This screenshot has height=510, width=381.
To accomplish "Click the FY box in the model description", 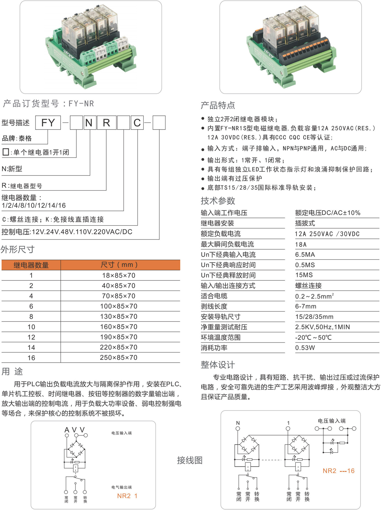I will tap(48, 123).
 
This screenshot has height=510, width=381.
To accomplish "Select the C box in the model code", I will tap(137, 123).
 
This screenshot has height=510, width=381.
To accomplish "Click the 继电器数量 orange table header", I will tap(31, 265).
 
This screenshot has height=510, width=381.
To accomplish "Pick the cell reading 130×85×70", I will tap(119, 316).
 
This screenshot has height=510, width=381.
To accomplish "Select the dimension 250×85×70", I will tap(119, 358).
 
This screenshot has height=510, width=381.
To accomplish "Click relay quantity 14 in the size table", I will tap(31, 347).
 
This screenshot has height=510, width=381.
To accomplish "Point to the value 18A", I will tap(301, 244).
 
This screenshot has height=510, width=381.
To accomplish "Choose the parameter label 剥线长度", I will tap(214, 306).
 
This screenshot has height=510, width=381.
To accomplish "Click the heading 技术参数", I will tap(218, 201).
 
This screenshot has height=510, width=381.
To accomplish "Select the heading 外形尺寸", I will tap(18, 250).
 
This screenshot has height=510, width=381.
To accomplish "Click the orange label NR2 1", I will tap(127, 496).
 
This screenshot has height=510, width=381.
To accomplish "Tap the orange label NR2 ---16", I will tap(339, 471).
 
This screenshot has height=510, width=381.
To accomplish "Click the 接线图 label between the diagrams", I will tap(190, 460).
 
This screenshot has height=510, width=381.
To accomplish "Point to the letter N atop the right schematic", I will tap(238, 423).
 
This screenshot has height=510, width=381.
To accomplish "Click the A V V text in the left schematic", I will tap(74, 430).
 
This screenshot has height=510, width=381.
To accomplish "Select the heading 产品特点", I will tap(218, 105).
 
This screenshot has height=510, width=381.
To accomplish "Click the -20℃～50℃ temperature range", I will tap(313, 337).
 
